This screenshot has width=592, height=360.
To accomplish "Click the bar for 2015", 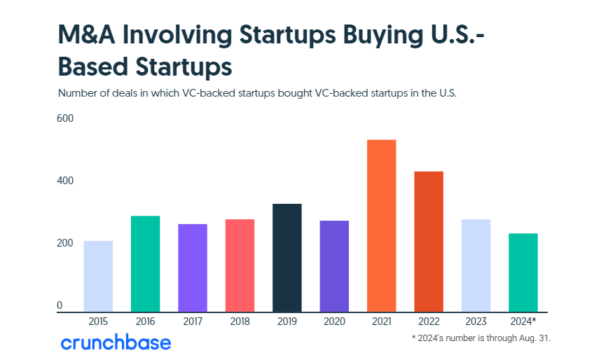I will point(98,276).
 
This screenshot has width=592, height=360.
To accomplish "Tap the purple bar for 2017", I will point(193,268).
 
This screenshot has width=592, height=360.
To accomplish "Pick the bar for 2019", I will point(287,257).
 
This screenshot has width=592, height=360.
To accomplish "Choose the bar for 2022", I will point(429,241).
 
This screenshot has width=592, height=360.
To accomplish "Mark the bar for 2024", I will point(523,272).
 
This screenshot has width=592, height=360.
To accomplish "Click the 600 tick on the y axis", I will point(65,118).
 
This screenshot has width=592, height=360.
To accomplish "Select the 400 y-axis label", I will point(65,181).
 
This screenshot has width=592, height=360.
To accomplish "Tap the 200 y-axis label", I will point(65,243).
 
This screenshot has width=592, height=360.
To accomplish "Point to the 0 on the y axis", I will point(60,305).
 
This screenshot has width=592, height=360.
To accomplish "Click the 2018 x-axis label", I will point(240,321).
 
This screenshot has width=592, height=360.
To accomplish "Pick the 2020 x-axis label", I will point(334,321).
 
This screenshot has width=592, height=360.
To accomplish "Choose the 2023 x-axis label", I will point(476,321).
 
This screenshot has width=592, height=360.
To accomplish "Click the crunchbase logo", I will point(116,342).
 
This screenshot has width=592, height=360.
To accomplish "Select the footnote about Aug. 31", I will point(481,338).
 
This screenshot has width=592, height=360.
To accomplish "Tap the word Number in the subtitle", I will point(78,92).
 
